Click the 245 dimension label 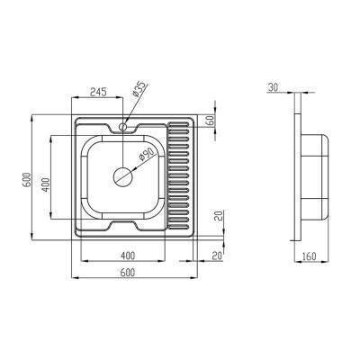point(97,92)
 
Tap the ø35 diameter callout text point(139,89)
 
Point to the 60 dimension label point(211,121)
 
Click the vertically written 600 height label point(26,180)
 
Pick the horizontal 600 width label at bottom point(128,273)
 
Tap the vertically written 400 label point(46,185)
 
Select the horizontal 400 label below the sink point(128,256)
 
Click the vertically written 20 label point(219,215)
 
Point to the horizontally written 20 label point(217,256)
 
